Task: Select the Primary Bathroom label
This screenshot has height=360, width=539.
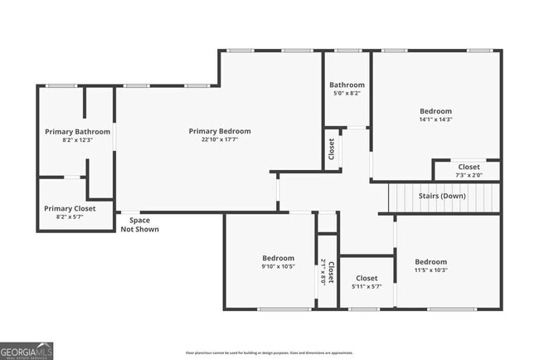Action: click(77, 131)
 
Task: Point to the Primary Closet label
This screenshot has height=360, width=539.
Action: click(70, 208)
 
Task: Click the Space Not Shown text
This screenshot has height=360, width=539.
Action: click(139, 224)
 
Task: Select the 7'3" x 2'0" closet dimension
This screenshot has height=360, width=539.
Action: click(469, 176)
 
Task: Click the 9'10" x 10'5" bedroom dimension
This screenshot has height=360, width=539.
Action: click(279, 267)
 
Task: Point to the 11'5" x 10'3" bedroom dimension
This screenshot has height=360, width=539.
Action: click(430, 270)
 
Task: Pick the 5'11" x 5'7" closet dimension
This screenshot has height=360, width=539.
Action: click(367, 287)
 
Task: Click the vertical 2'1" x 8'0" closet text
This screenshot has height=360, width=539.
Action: click(323, 271)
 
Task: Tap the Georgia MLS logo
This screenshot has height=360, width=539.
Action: click(27, 350)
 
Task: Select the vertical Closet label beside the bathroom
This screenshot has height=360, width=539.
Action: click(332, 149)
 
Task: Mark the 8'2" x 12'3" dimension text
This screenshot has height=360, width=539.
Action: click(77, 140)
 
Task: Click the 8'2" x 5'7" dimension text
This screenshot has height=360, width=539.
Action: click(70, 217)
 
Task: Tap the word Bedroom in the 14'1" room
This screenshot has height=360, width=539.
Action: click(435, 111)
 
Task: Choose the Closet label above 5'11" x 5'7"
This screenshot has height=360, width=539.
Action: click(367, 278)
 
